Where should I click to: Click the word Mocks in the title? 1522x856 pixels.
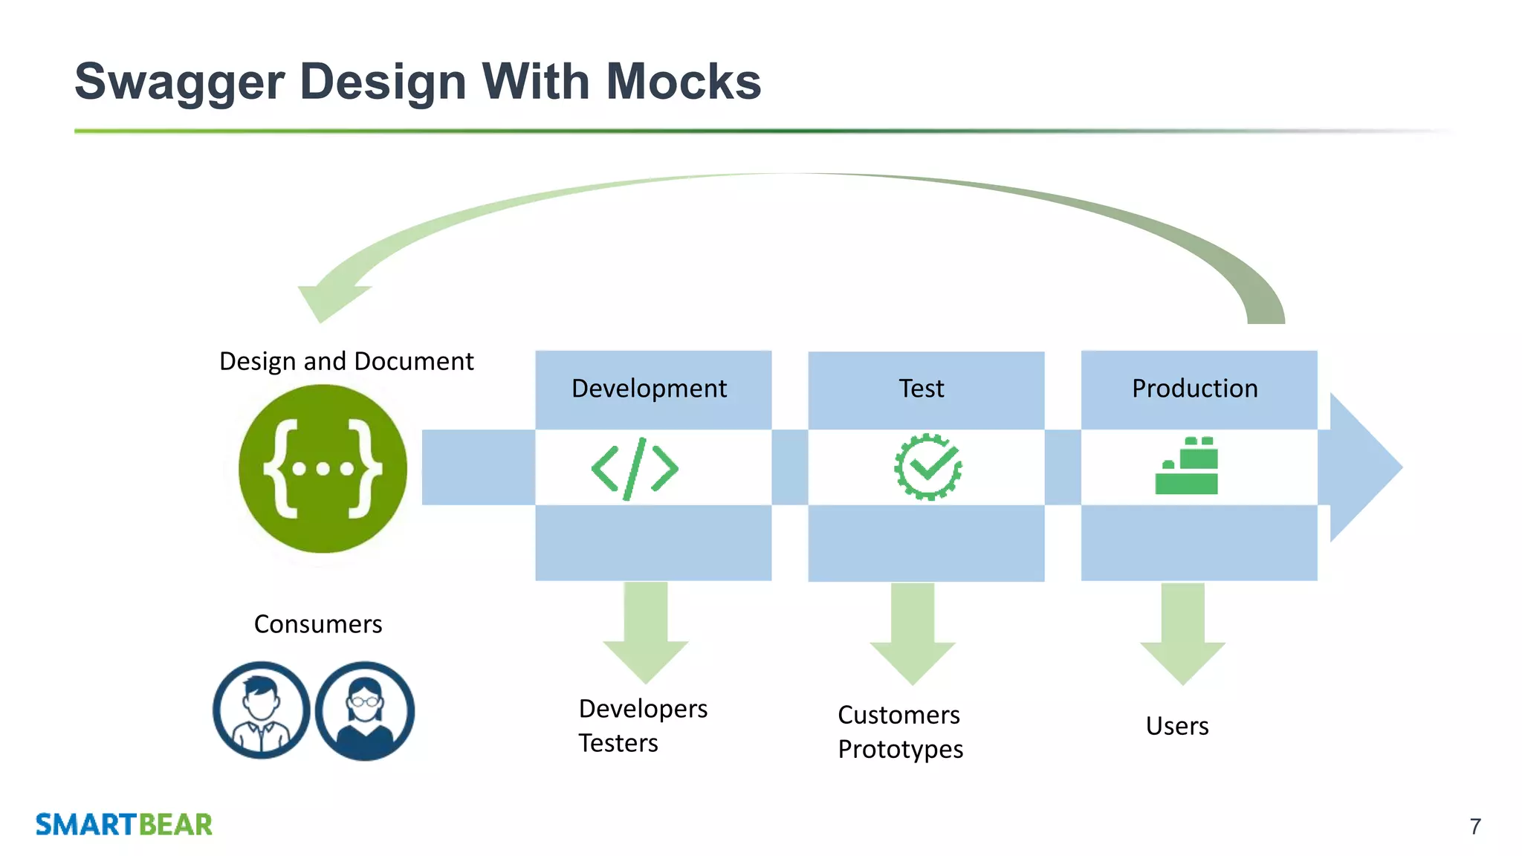(x=683, y=82)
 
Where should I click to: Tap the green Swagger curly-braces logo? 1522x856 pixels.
(x=323, y=469)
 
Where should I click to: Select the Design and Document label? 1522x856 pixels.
(x=346, y=361)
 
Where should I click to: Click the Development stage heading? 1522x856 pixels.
(x=649, y=389)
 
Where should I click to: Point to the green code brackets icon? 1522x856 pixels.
(x=635, y=469)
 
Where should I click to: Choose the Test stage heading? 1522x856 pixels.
(x=922, y=389)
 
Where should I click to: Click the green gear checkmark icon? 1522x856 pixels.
(x=927, y=467)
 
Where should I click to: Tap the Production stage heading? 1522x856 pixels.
(x=1194, y=389)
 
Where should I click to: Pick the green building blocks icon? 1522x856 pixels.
(x=1187, y=467)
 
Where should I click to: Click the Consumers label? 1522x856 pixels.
(x=318, y=624)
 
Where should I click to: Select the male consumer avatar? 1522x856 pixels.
(x=261, y=710)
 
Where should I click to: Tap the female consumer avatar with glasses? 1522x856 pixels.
(x=365, y=710)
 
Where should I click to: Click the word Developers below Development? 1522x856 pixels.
(x=643, y=709)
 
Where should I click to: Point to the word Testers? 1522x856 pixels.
(x=618, y=743)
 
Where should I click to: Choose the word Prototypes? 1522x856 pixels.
(x=900, y=750)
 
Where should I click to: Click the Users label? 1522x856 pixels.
(x=1177, y=726)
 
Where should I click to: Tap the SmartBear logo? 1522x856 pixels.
(x=124, y=825)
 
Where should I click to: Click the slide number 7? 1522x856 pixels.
(x=1475, y=826)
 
